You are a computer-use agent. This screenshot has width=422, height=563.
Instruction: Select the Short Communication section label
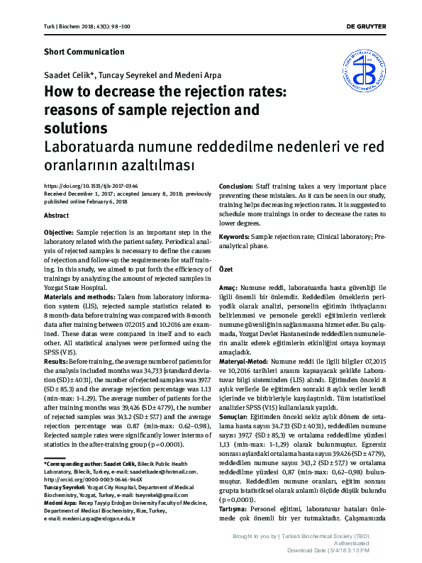tap(84, 52)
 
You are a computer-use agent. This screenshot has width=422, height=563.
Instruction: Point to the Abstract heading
tap(57, 215)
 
